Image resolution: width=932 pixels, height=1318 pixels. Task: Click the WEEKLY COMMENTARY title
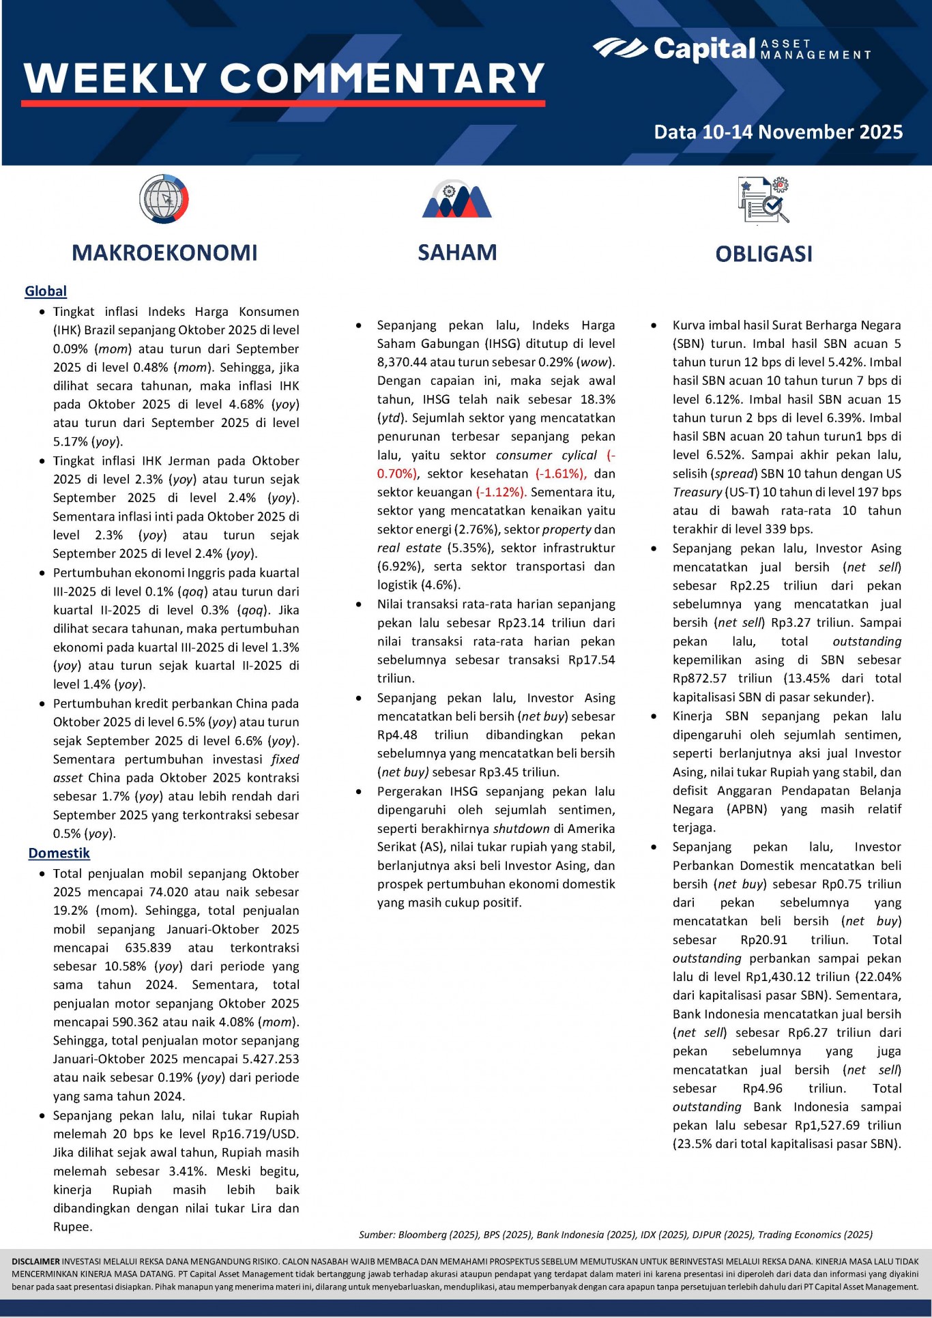284,78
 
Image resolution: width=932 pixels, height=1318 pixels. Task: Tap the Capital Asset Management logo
731,48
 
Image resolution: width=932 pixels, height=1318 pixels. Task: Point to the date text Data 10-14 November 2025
778,132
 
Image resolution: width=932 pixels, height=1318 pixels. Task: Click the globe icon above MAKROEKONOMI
164,199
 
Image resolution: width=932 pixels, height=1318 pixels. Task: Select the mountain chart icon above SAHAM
456,200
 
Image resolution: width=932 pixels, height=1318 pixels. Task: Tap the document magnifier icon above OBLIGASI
763,200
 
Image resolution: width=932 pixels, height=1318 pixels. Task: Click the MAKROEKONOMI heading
164,253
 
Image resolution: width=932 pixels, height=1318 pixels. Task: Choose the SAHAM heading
457,252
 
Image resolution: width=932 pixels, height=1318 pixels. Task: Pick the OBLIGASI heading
763,254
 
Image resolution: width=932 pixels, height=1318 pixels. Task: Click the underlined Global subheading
46,291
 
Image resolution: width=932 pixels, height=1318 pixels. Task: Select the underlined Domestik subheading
59,853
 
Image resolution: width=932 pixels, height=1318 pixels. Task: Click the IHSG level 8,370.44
402,362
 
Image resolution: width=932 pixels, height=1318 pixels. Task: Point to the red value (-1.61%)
560,473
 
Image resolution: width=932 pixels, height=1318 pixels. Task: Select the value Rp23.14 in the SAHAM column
521,623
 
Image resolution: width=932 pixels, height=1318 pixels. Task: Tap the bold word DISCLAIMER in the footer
35,1261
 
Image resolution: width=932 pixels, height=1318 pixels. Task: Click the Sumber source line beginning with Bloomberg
615,1234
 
